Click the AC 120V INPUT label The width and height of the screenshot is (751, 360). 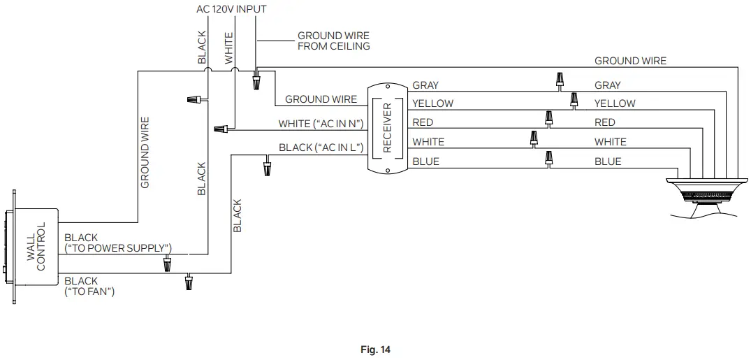tap(231, 9)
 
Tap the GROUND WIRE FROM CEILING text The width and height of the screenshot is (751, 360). tap(333, 41)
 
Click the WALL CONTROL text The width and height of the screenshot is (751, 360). tap(36, 247)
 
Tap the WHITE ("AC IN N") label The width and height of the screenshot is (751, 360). tap(321, 124)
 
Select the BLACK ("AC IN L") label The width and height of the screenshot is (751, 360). tap(321, 147)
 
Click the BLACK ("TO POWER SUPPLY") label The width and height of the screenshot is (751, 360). tap(117, 243)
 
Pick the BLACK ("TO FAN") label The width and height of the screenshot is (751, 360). tap(89, 286)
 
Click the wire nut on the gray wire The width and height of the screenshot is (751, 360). tap(560, 80)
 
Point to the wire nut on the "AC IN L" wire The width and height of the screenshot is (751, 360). tap(267, 168)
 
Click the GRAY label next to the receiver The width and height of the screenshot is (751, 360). tap(425, 85)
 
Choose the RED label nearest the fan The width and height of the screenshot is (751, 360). tap(604, 122)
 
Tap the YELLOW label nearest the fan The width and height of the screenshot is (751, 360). tap(615, 103)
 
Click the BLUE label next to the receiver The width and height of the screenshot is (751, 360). tap(425, 161)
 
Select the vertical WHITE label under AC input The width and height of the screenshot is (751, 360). tap(228, 48)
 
